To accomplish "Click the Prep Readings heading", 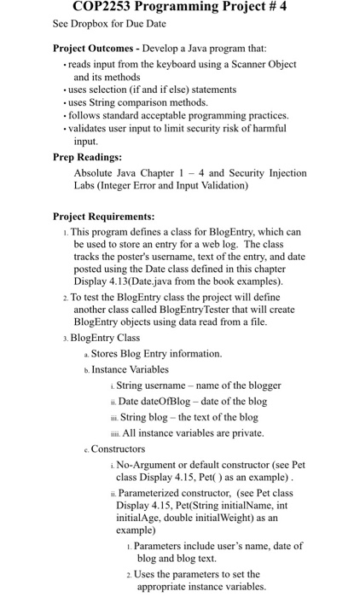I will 87,157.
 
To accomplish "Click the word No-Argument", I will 150,465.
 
